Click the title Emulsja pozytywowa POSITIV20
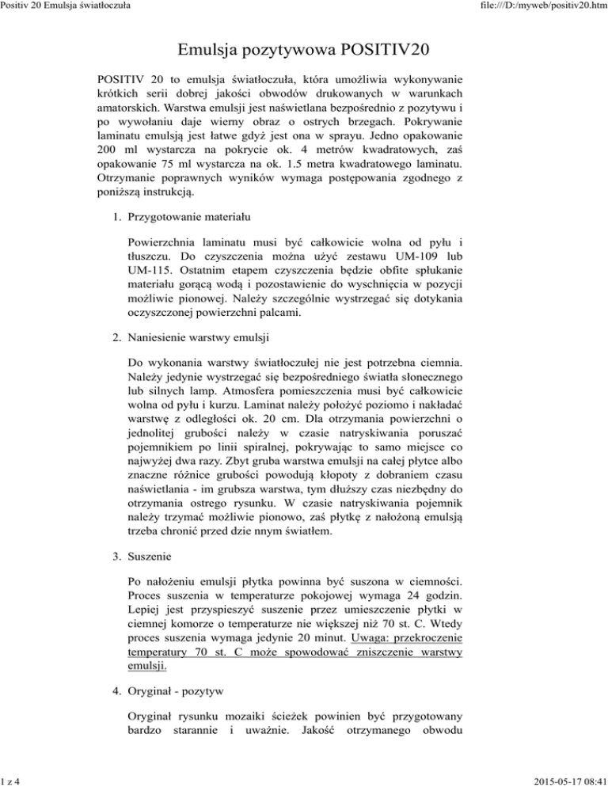point(303,50)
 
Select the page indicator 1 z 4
point(12,780)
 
